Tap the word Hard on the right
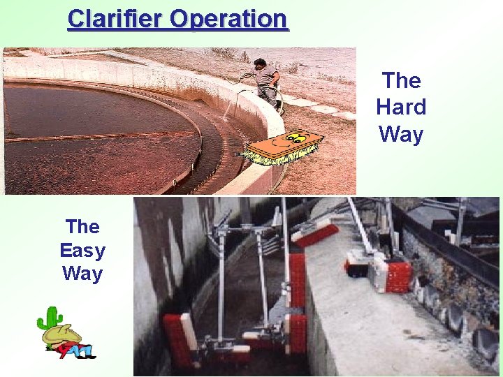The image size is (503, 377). point(401,107)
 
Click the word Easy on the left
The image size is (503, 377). point(82,250)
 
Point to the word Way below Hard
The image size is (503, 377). point(401,133)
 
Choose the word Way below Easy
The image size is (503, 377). point(82,274)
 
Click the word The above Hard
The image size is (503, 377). point(401,80)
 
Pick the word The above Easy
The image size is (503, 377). point(82,226)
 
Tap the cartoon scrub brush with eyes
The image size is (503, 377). point(284,147)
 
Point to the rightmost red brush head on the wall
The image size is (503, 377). point(395,276)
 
